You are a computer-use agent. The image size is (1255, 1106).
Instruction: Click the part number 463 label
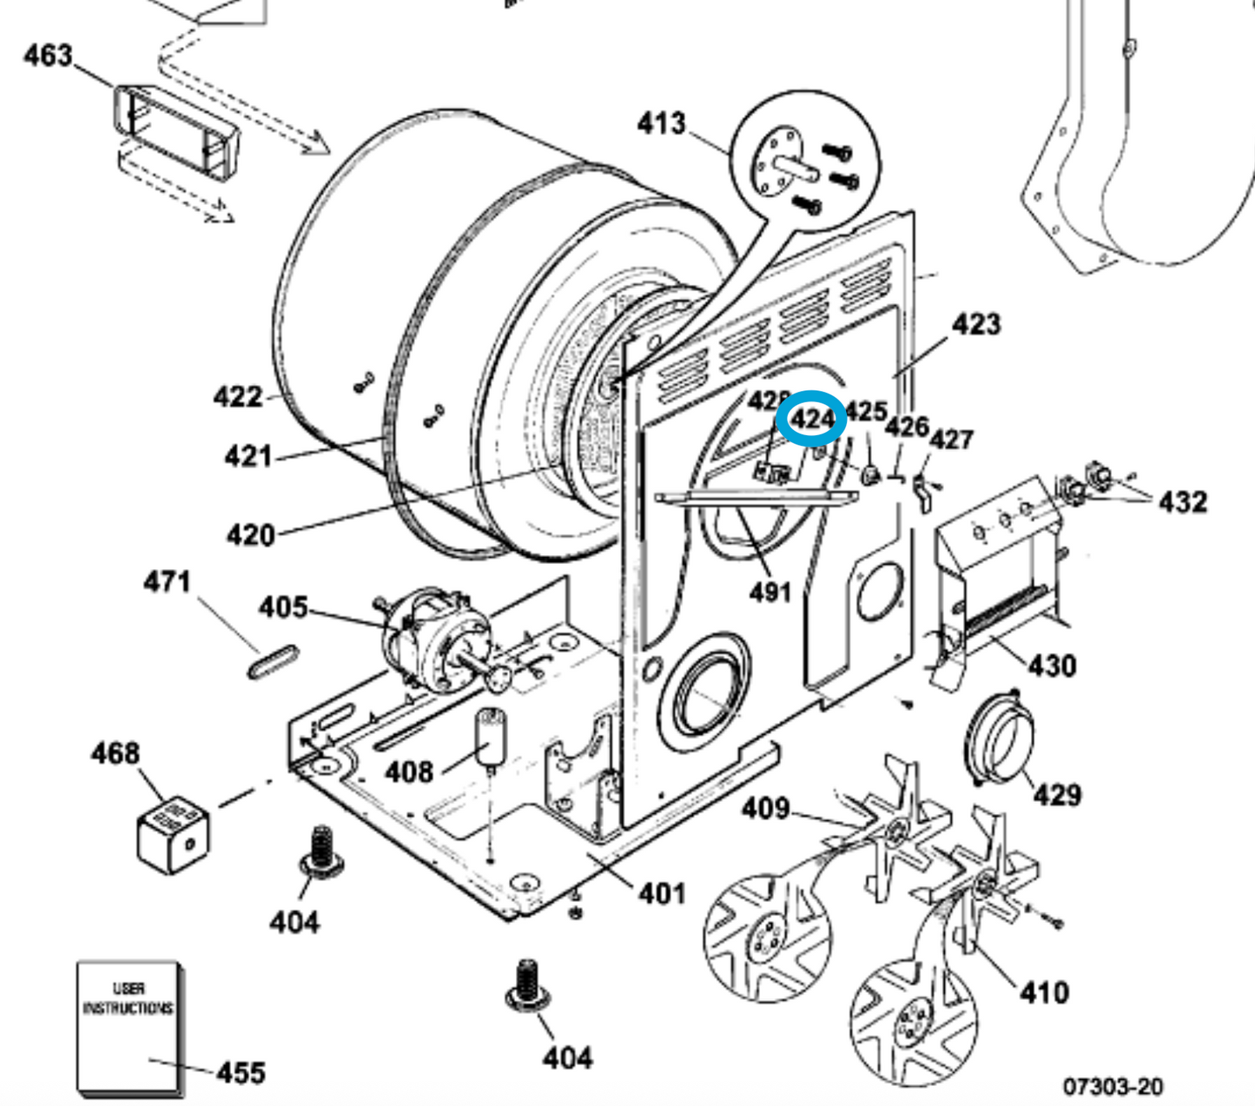[48, 56]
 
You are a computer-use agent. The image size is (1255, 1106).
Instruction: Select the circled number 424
[811, 419]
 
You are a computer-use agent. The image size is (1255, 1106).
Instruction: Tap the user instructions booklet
[129, 1025]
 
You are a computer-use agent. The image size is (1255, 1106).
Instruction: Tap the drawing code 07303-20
[1113, 1086]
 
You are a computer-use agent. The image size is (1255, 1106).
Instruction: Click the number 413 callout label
[661, 123]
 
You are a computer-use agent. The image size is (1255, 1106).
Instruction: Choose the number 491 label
[770, 592]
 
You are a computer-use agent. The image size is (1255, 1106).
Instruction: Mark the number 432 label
[1182, 501]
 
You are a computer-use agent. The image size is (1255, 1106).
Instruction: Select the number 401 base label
[662, 893]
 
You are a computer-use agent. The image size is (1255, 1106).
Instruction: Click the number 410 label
[1043, 992]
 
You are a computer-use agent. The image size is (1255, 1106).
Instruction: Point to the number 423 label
[976, 324]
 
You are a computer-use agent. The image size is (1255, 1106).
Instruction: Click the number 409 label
[765, 808]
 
